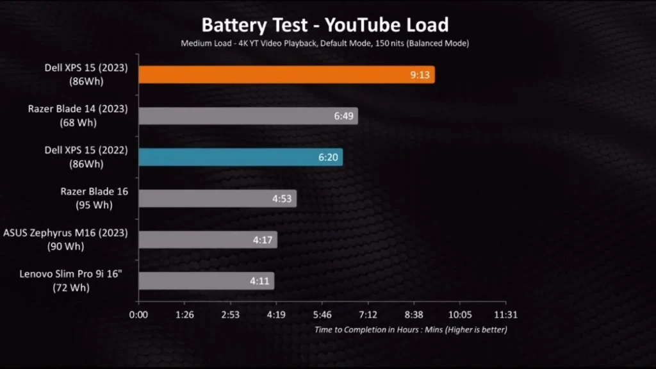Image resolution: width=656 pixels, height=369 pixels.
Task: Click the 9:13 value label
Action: click(x=421, y=74)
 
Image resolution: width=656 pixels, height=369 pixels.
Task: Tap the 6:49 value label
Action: click(x=344, y=116)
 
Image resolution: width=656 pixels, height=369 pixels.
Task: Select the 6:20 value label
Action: click(x=329, y=157)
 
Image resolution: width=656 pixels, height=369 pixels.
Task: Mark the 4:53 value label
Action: click(x=282, y=199)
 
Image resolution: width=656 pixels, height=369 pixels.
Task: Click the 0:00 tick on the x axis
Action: click(x=138, y=315)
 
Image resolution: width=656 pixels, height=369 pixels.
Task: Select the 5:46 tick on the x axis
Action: click(x=322, y=315)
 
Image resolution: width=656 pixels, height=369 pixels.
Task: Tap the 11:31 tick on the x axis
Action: click(x=505, y=315)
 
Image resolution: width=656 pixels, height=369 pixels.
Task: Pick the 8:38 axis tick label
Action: click(x=413, y=315)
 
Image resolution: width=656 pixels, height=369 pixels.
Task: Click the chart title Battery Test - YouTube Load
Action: click(x=325, y=25)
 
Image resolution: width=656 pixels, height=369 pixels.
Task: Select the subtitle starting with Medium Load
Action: click(x=325, y=43)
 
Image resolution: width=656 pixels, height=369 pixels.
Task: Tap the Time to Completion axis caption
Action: click(x=411, y=330)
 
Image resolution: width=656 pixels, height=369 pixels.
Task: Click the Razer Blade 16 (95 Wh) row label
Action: click(x=95, y=199)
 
